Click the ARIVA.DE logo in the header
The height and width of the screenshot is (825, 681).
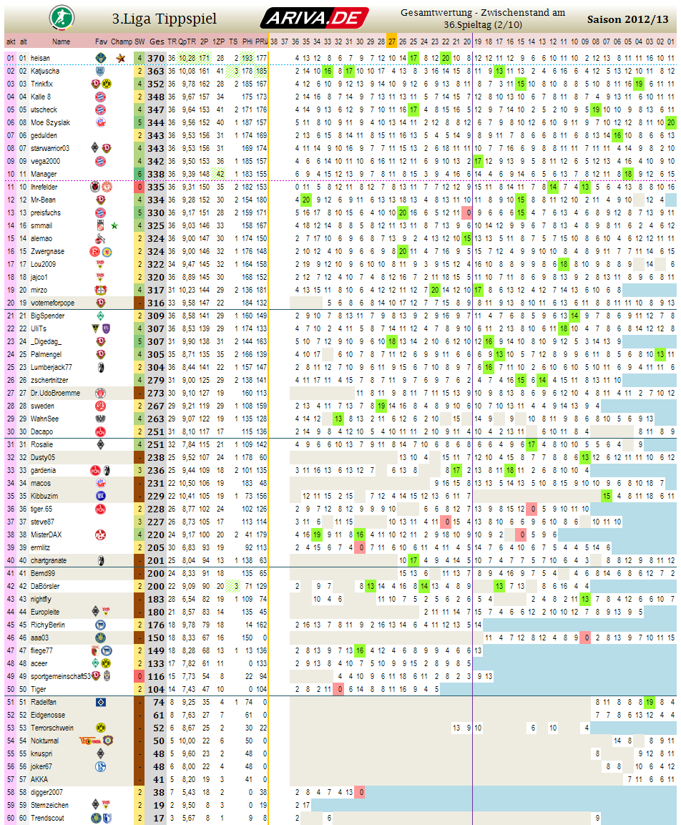(x=314, y=17)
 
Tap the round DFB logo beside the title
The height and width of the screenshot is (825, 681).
(x=59, y=16)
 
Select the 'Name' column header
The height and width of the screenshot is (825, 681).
(x=62, y=42)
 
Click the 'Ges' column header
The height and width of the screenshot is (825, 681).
(x=157, y=42)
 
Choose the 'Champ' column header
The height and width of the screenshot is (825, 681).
(x=122, y=42)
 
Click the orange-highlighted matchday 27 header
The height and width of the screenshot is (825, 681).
(x=392, y=42)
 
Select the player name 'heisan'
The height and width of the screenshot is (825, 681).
(x=40, y=58)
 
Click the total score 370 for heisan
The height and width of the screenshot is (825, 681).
(x=156, y=58)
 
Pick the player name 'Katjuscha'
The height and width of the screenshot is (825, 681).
(x=45, y=71)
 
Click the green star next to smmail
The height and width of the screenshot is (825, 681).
(x=114, y=225)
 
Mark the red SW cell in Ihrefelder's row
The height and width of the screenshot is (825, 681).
(x=139, y=187)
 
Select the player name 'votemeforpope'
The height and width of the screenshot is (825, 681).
(x=52, y=303)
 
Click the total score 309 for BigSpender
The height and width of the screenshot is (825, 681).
(x=156, y=316)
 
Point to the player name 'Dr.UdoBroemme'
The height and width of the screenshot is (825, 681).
(x=55, y=393)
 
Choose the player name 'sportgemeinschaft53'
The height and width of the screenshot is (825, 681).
(x=60, y=676)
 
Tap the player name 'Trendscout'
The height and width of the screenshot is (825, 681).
(x=47, y=818)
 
